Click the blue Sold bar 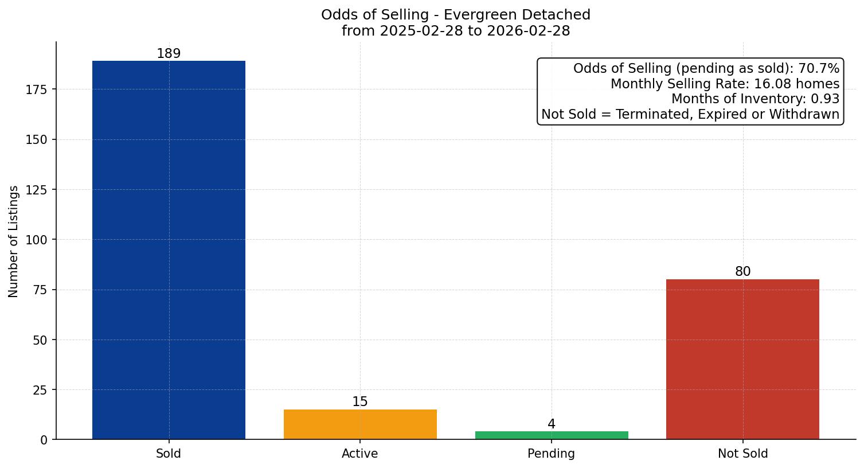[x=169, y=250]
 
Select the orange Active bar [x=360, y=424]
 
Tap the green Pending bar [x=552, y=435]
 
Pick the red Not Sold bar [x=742, y=359]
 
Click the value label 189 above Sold [x=169, y=54]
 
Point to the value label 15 [x=360, y=402]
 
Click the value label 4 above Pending [x=552, y=424]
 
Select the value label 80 [x=742, y=272]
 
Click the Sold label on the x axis [x=169, y=454]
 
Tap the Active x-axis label [x=360, y=454]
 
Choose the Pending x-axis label [x=552, y=454]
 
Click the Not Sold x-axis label [x=742, y=454]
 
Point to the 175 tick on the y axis [x=37, y=89]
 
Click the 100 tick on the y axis [x=37, y=240]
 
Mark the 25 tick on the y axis [x=40, y=390]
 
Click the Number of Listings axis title [x=14, y=241]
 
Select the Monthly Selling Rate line [x=725, y=84]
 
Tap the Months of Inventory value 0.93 [x=825, y=99]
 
